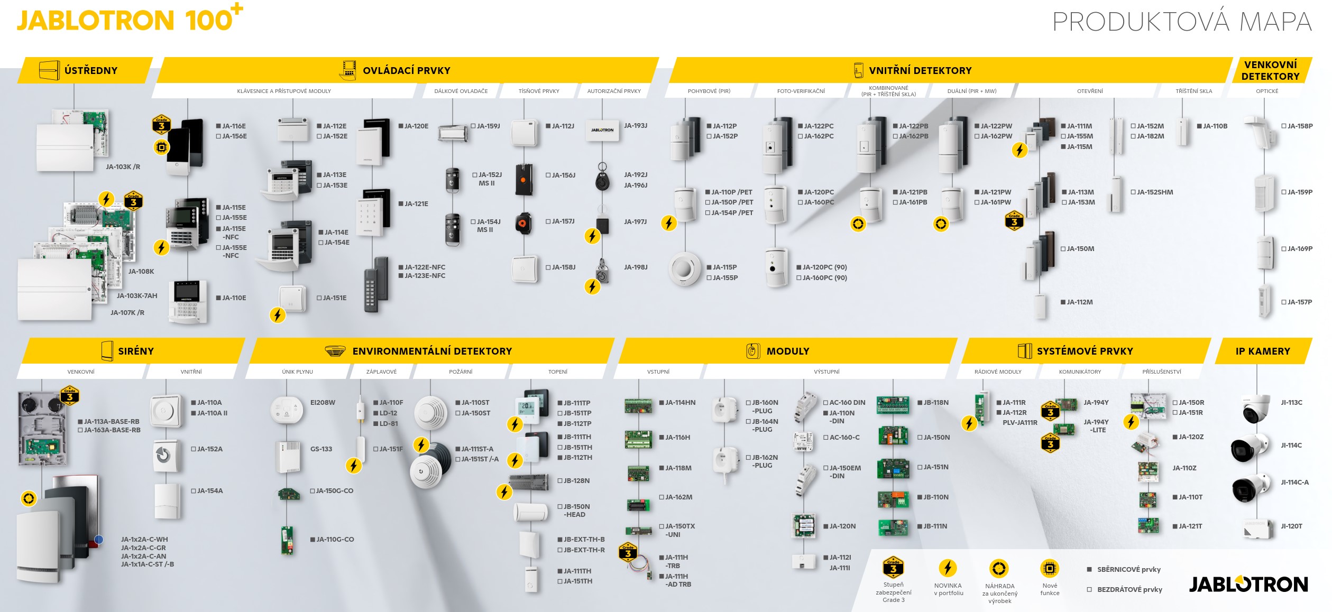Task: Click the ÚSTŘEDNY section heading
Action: coord(91,70)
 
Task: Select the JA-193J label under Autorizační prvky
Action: coord(636,126)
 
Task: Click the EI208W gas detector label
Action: coord(323,403)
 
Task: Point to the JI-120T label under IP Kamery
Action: coord(1291,526)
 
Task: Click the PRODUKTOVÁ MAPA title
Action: coord(1182,22)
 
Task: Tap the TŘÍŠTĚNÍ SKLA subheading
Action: coord(1194,91)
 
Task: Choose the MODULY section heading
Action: coord(788,351)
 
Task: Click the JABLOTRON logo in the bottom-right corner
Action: coord(1248,584)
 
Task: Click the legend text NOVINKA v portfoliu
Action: coord(948,589)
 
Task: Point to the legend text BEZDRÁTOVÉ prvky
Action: coord(1129,590)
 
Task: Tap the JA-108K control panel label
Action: coord(141,272)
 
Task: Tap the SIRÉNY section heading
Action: coord(136,351)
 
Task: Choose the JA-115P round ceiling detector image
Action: coord(684,269)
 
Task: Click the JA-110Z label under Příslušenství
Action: coord(1184,468)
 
